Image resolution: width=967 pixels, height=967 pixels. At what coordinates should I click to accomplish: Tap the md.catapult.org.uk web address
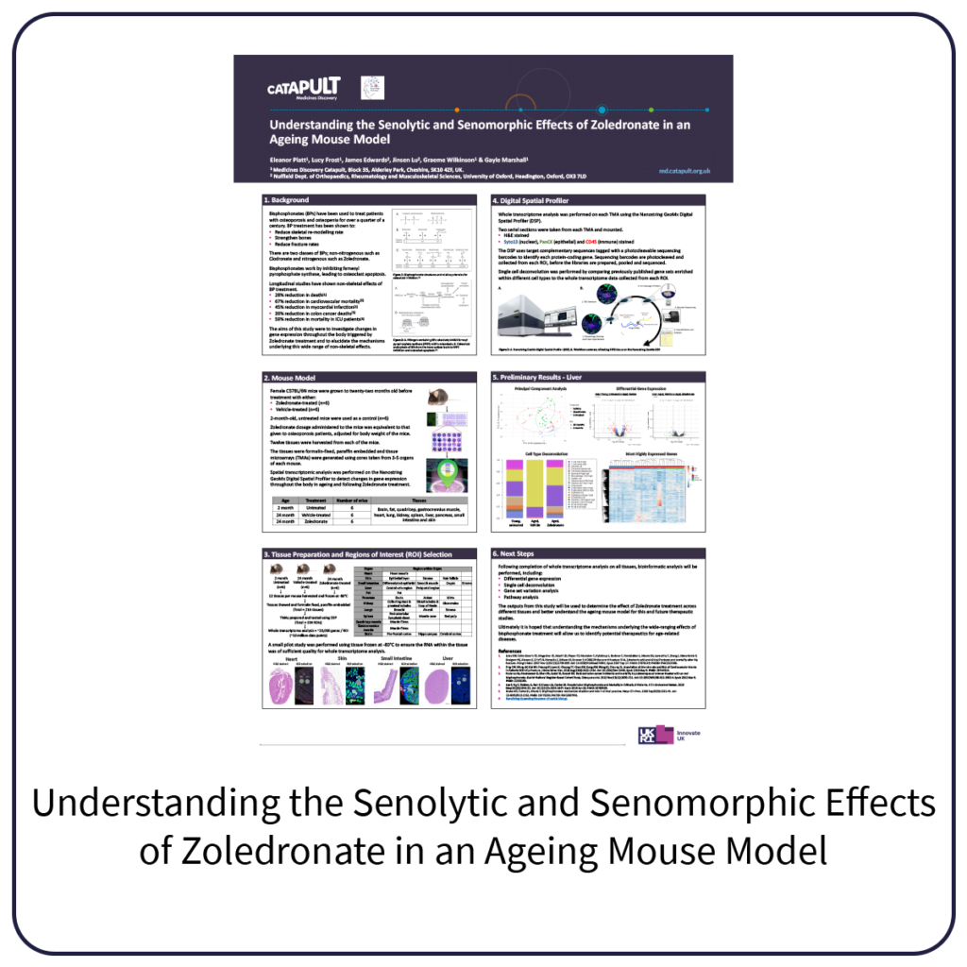click(685, 171)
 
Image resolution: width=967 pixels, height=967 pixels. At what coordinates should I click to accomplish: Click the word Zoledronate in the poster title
click(609, 125)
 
